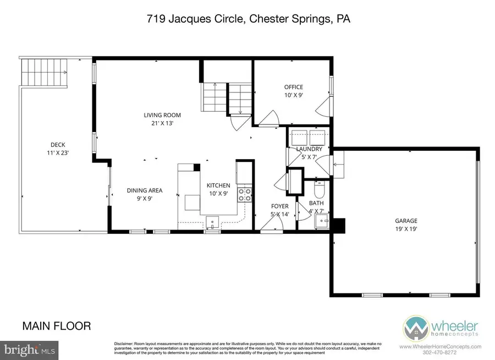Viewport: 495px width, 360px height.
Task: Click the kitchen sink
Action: [212, 222]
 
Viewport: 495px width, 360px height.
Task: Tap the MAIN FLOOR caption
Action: [57, 326]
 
